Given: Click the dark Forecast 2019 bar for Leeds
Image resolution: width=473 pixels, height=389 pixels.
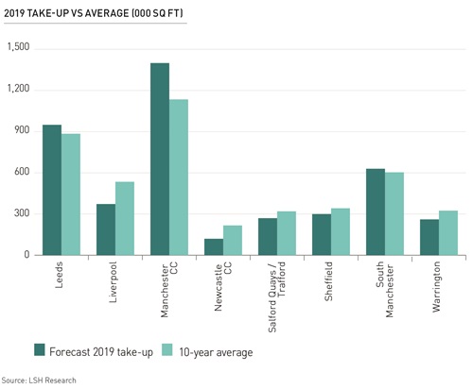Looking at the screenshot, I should tap(51, 190).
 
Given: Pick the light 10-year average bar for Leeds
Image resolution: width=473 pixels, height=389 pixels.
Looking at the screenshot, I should tap(72, 194).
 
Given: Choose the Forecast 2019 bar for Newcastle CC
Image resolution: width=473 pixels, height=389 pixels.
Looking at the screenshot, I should tap(214, 246).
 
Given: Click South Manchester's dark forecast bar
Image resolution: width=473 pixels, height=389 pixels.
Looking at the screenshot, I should tap(377, 211).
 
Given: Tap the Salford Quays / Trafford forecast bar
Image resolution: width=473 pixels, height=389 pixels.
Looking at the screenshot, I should tap(268, 236).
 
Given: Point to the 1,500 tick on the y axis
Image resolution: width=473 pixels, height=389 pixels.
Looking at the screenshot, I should tap(18, 47).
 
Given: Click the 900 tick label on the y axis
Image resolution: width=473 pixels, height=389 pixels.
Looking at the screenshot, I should tap(21, 130).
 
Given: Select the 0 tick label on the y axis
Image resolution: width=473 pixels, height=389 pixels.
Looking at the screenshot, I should tap(27, 255).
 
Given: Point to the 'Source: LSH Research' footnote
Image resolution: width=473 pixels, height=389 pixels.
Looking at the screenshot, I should tap(39, 380).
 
